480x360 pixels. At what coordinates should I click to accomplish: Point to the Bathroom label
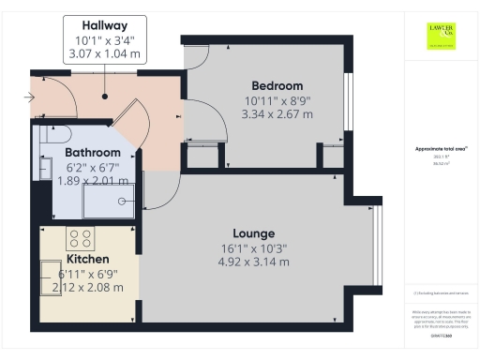pos(92,153)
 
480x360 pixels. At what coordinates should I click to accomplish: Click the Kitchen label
pos(88,259)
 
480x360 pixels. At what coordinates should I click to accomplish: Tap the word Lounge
pos(253,232)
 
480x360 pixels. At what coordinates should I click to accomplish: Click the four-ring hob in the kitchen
pos(81,237)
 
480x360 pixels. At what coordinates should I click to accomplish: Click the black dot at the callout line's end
pos(105,96)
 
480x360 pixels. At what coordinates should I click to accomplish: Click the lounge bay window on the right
pos(377,246)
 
